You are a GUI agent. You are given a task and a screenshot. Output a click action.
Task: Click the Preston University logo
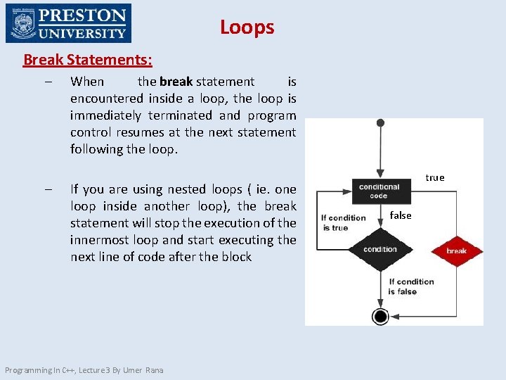(68, 23)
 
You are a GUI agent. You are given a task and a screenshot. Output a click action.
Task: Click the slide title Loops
(247, 27)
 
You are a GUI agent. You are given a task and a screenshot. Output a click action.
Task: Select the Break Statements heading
(88, 60)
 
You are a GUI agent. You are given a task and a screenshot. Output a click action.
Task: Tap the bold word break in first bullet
(176, 82)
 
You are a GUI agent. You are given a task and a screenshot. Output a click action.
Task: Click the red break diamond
(456, 251)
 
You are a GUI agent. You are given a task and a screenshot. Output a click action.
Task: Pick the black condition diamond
(380, 249)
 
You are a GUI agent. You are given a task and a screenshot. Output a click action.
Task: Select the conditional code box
(379, 191)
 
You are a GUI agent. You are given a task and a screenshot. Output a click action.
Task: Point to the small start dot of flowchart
(380, 123)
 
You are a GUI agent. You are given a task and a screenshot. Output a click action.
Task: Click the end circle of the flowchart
(380, 316)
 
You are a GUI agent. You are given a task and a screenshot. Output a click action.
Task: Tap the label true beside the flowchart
(435, 177)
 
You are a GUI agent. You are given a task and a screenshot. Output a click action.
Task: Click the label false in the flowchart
(401, 215)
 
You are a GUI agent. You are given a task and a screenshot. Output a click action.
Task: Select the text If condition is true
(344, 222)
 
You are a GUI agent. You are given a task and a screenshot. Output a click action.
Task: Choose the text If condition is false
(411, 286)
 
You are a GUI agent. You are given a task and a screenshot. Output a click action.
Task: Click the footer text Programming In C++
(84, 370)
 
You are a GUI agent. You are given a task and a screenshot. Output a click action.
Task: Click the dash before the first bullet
(46, 82)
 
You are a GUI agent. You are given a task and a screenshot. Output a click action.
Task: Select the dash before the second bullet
(46, 189)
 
